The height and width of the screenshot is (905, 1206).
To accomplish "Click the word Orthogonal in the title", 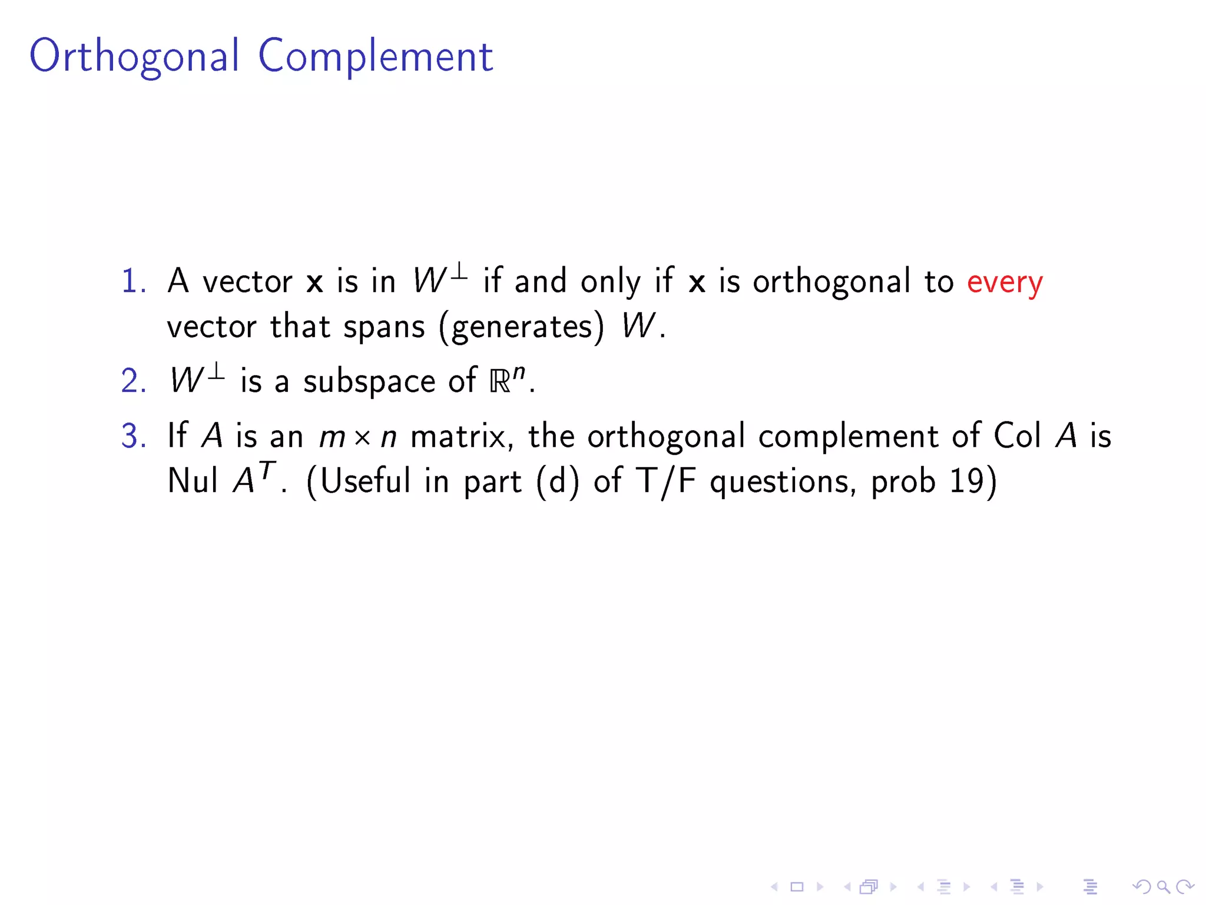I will (134, 57).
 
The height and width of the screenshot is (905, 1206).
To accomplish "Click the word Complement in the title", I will (376, 57).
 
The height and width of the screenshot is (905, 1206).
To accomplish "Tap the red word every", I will (1005, 282).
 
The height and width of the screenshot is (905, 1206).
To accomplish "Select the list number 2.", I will (133, 381).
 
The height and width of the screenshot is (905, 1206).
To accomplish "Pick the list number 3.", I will (133, 437).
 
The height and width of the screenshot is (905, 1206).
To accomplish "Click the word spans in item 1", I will (384, 327).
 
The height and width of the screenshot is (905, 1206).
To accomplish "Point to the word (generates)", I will (522, 327).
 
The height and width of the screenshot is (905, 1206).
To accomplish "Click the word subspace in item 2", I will (369, 381).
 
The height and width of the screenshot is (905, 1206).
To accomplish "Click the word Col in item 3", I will (1017, 436).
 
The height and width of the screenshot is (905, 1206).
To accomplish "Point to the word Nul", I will (192, 480).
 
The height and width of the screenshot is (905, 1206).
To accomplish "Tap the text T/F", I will (666, 481).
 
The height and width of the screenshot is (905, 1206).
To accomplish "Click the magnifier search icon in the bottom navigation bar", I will (1163, 886).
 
